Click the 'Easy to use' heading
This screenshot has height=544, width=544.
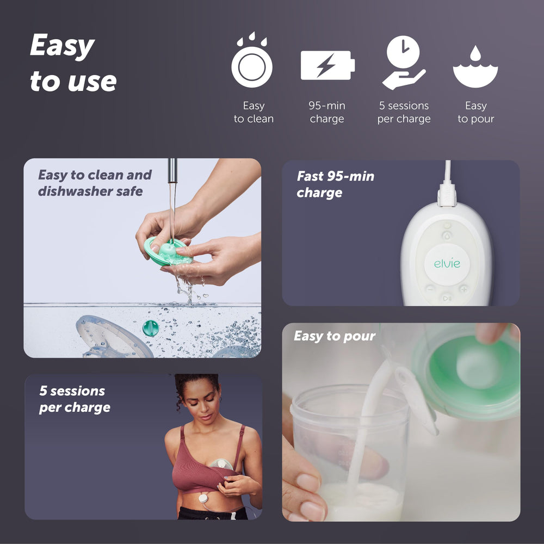point(73,63)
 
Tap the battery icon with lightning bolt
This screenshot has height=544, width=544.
point(327,65)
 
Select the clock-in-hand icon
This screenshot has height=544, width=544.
point(404,63)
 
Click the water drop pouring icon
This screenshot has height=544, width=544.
point(475,67)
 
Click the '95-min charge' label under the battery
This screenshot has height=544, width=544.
point(327,113)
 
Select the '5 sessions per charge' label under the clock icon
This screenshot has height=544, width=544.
point(404,113)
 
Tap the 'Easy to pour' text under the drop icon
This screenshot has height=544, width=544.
point(475,113)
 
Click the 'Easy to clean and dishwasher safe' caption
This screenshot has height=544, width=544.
point(95,183)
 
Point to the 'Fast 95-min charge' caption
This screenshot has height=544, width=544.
point(335,184)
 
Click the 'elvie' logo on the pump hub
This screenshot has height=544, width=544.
point(447,264)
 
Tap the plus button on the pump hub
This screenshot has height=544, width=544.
point(463,289)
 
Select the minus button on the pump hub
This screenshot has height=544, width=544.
point(430,289)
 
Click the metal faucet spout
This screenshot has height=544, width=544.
point(172,171)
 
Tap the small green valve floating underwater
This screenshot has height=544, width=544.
point(151,328)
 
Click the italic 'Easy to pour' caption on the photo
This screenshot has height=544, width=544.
point(335,336)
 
